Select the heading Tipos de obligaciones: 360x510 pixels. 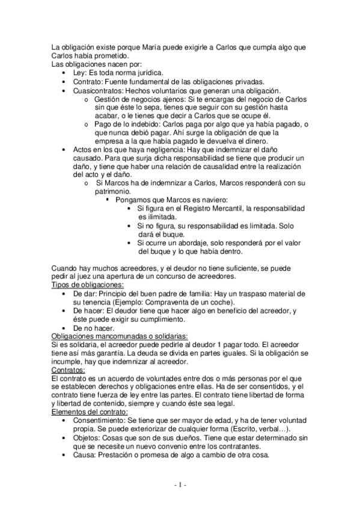point(87,284)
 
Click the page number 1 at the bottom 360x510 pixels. point(180,485)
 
